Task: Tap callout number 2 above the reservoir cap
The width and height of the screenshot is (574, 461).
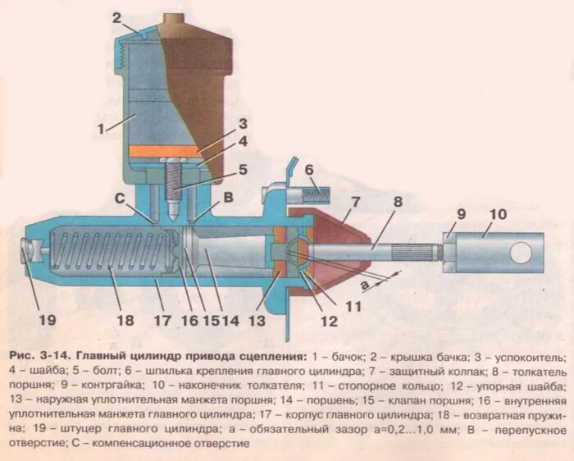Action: click(117, 17)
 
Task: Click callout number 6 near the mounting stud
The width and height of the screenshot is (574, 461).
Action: click(309, 170)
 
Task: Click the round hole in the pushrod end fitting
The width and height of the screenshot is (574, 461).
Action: click(522, 253)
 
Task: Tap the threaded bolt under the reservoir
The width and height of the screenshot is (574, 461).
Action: click(175, 187)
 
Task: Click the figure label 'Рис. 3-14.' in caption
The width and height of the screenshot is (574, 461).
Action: click(40, 358)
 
